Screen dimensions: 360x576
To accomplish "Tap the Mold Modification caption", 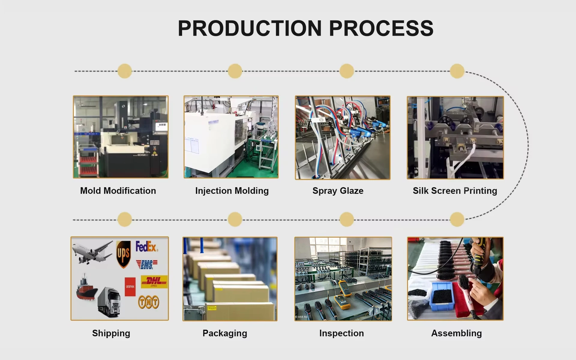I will [x=118, y=191].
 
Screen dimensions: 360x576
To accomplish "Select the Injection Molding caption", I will [x=232, y=191].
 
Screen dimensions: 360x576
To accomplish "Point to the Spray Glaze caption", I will [x=338, y=191].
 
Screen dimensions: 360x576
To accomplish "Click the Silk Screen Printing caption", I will [x=455, y=191].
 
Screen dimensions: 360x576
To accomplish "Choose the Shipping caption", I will [x=111, y=333].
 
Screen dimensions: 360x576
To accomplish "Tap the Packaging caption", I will [x=225, y=333].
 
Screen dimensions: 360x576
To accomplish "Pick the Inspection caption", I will [x=341, y=333].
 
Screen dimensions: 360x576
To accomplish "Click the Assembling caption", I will [x=456, y=333].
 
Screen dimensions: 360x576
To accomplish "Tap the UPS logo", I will [x=123, y=254].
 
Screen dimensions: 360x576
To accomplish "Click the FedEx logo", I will [x=146, y=247].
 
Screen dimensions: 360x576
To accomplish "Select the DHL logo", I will [x=154, y=282].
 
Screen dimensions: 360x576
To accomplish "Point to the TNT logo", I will [x=148, y=302].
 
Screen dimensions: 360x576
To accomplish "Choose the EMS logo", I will [x=147, y=264].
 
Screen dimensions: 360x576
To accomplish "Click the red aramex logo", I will [x=130, y=286].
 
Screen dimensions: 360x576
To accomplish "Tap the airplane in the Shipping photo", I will [x=92, y=252].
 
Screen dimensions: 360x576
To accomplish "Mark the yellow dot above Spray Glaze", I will [x=347, y=71].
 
